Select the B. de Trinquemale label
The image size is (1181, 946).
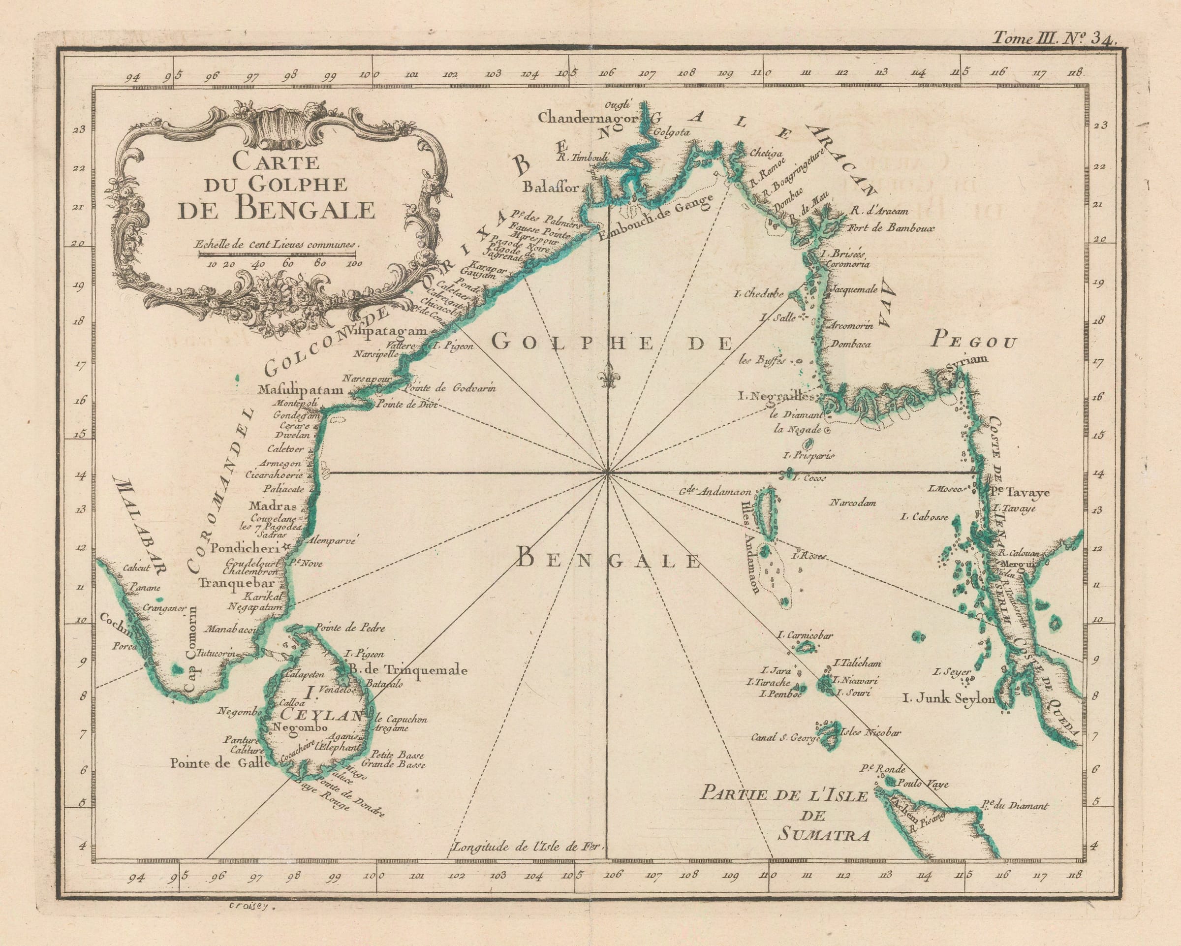coord(407,669)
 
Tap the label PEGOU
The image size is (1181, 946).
coord(974,343)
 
